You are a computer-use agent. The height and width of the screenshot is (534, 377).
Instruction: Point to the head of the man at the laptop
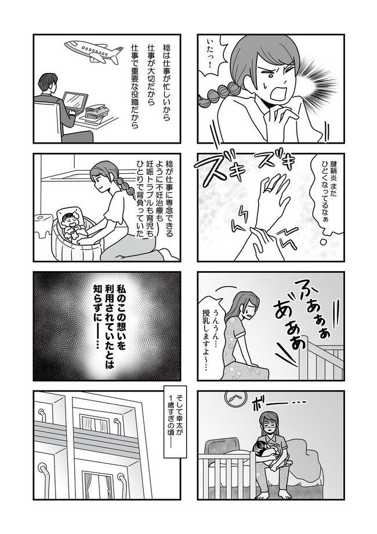(48, 84)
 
